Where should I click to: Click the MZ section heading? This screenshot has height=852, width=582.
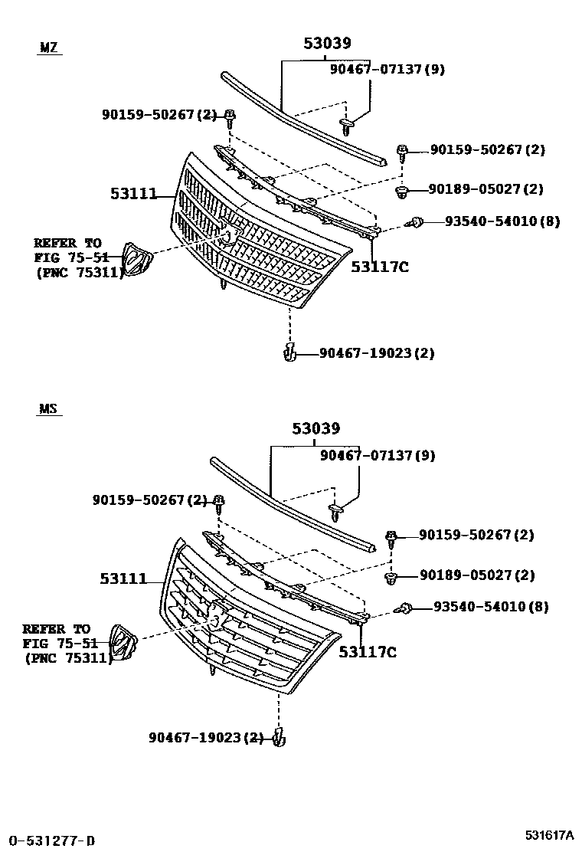point(48,48)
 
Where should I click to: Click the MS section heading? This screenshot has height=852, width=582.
point(47,409)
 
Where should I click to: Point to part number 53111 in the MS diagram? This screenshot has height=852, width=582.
point(123,579)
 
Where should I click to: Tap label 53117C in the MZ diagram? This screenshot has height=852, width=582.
point(379,267)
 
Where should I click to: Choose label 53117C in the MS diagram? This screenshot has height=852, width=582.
point(368,652)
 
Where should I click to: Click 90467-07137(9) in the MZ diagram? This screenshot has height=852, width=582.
point(387,69)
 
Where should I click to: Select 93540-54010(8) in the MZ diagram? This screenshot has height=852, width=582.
point(502,221)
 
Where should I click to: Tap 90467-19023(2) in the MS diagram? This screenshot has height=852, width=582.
point(206,738)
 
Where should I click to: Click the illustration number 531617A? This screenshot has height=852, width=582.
point(550,834)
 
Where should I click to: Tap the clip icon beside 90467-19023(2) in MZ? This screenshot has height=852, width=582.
point(289,352)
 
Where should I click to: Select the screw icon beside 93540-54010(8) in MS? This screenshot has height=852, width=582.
point(405,608)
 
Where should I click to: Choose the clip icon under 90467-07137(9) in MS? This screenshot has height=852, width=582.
point(336,506)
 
